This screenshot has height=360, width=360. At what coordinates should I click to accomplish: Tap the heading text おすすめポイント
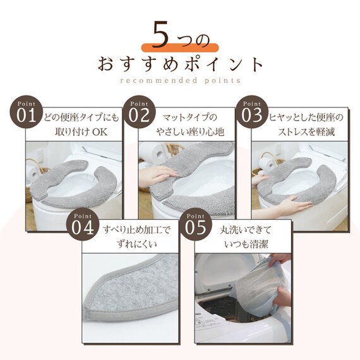(x=180, y=64)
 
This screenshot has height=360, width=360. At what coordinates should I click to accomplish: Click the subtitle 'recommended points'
(x=180, y=81)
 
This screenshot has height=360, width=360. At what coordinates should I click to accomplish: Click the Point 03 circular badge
(x=250, y=114)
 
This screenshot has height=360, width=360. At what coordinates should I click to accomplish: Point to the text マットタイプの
(x=189, y=117)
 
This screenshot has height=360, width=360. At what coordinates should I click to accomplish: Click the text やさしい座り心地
(x=189, y=132)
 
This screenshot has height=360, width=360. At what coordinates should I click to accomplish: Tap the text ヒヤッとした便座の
(x=306, y=117)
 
